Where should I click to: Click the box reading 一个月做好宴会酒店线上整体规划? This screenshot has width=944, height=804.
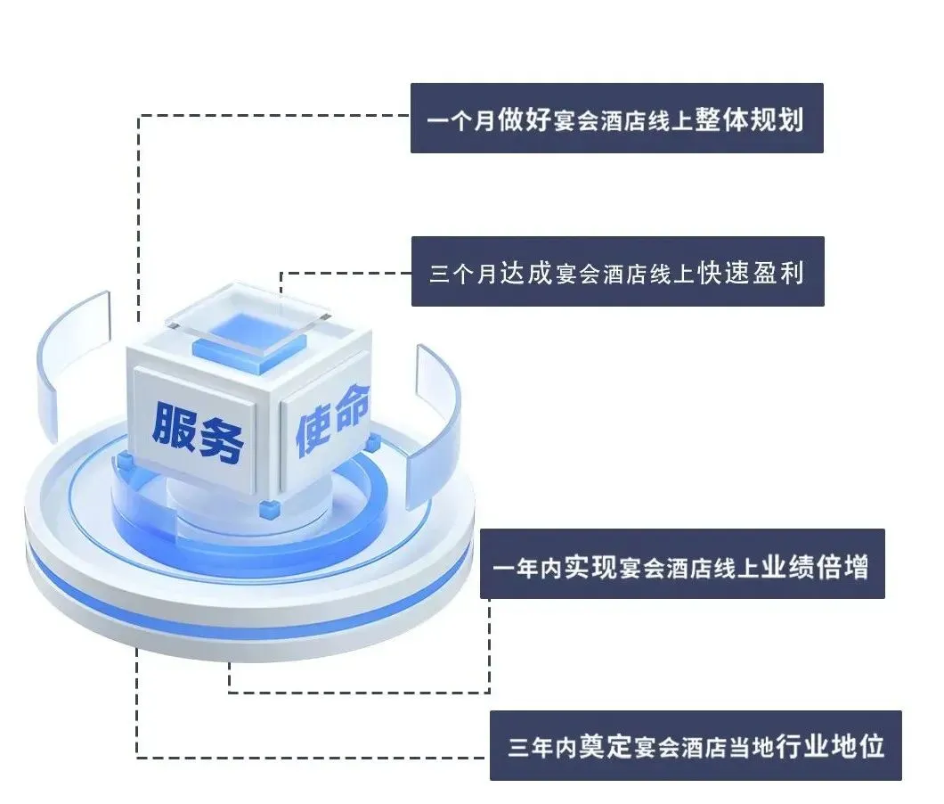pos(616,119)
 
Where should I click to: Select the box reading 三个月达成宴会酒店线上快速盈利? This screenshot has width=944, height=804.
pos(617,272)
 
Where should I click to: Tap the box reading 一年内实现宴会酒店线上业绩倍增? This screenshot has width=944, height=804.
pos(682,565)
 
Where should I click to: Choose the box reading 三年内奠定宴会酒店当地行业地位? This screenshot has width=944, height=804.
pos(696,746)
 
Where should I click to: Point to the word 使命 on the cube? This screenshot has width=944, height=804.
pos(330,427)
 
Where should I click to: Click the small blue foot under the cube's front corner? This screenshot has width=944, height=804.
pos(267,509)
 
